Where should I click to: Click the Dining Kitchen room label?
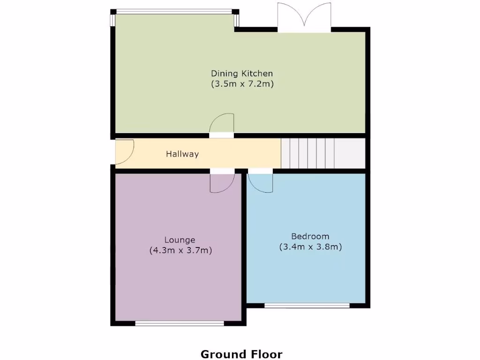pos(241,74)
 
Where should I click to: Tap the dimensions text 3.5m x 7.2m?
pos(242,84)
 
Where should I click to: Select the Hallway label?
pos(182,154)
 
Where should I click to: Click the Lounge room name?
pos(180,240)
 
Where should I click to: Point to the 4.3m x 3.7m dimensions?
pos(180,251)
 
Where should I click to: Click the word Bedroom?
pos(310,236)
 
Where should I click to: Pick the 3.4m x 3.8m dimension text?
pos(310,247)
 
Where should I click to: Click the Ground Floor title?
pos(241,354)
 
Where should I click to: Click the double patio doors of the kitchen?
pos(304,18)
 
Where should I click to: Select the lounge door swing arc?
pos(222,183)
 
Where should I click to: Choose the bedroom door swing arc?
pos(261,182)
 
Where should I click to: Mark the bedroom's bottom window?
pos(307,306)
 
